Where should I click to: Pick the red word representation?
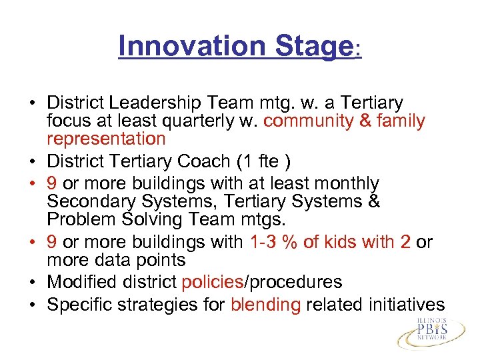pyautogui.click(x=106, y=139)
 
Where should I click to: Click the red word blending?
pyautogui.click(x=265, y=304)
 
